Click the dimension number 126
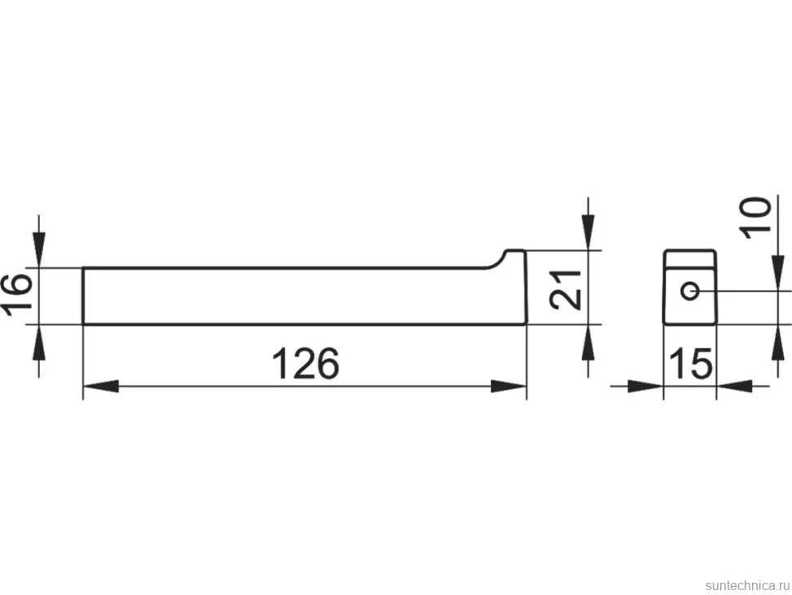305,363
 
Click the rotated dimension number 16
16,295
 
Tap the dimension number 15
691,363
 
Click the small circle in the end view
690,291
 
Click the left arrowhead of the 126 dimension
100,387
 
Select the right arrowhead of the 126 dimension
509,387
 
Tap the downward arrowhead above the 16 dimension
39,250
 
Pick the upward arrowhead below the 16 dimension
39,342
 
